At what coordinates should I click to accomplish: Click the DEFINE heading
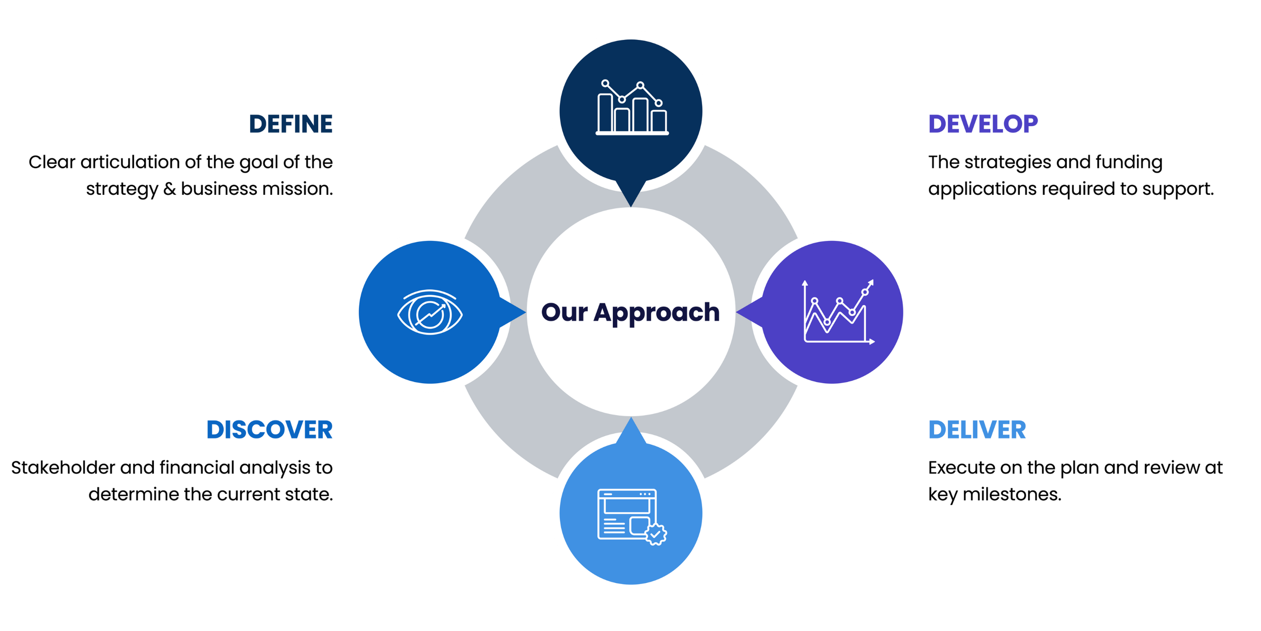pos(291,124)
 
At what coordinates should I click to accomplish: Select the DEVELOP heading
pos(983,124)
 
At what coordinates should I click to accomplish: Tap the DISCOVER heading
pos(269,430)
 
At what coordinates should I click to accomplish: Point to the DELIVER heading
pos(977,430)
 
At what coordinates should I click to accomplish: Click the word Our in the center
pos(564,312)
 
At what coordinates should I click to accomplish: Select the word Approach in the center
pos(656,312)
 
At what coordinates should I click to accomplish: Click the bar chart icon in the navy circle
pos(632,108)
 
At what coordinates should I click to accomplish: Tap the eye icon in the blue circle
pos(430,312)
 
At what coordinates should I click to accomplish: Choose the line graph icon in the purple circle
pos(837,312)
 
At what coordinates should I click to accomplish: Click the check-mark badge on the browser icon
pos(656,534)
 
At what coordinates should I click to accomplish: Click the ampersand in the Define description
pos(169,189)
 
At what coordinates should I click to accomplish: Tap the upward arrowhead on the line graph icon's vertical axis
pos(805,283)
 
